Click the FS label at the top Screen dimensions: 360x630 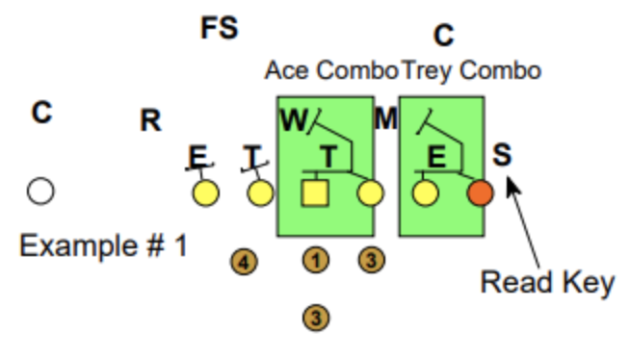click(x=219, y=28)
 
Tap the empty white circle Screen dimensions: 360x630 click(x=40, y=192)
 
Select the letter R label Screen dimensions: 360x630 click(x=150, y=121)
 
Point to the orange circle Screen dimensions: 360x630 click(x=481, y=193)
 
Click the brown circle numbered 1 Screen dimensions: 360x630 click(x=314, y=259)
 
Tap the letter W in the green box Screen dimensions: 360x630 click(x=292, y=119)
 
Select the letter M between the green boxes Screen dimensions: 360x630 click(x=385, y=119)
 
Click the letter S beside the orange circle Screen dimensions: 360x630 click(x=502, y=154)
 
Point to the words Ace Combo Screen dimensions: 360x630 click(x=331, y=70)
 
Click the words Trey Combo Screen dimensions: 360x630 click(x=470, y=70)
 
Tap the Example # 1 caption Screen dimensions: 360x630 click(x=104, y=244)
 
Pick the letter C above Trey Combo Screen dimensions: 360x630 click(x=443, y=37)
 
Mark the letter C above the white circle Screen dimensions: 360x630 click(x=40, y=113)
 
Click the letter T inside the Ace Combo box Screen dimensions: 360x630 click(x=329, y=157)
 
